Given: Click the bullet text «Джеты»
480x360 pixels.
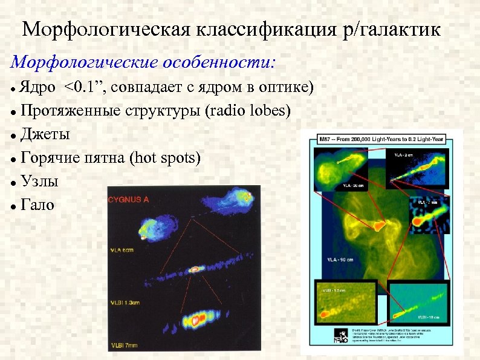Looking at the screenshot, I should pos(45,134).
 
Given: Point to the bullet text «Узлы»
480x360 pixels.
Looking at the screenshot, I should pos(39,181).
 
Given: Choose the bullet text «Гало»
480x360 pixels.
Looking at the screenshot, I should pos(37,205).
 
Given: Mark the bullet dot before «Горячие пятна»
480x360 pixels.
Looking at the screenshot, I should pos(13,159).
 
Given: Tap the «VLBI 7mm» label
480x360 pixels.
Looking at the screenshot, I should pos(123,344).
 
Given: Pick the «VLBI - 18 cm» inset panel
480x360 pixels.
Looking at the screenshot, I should pos(420,300).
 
